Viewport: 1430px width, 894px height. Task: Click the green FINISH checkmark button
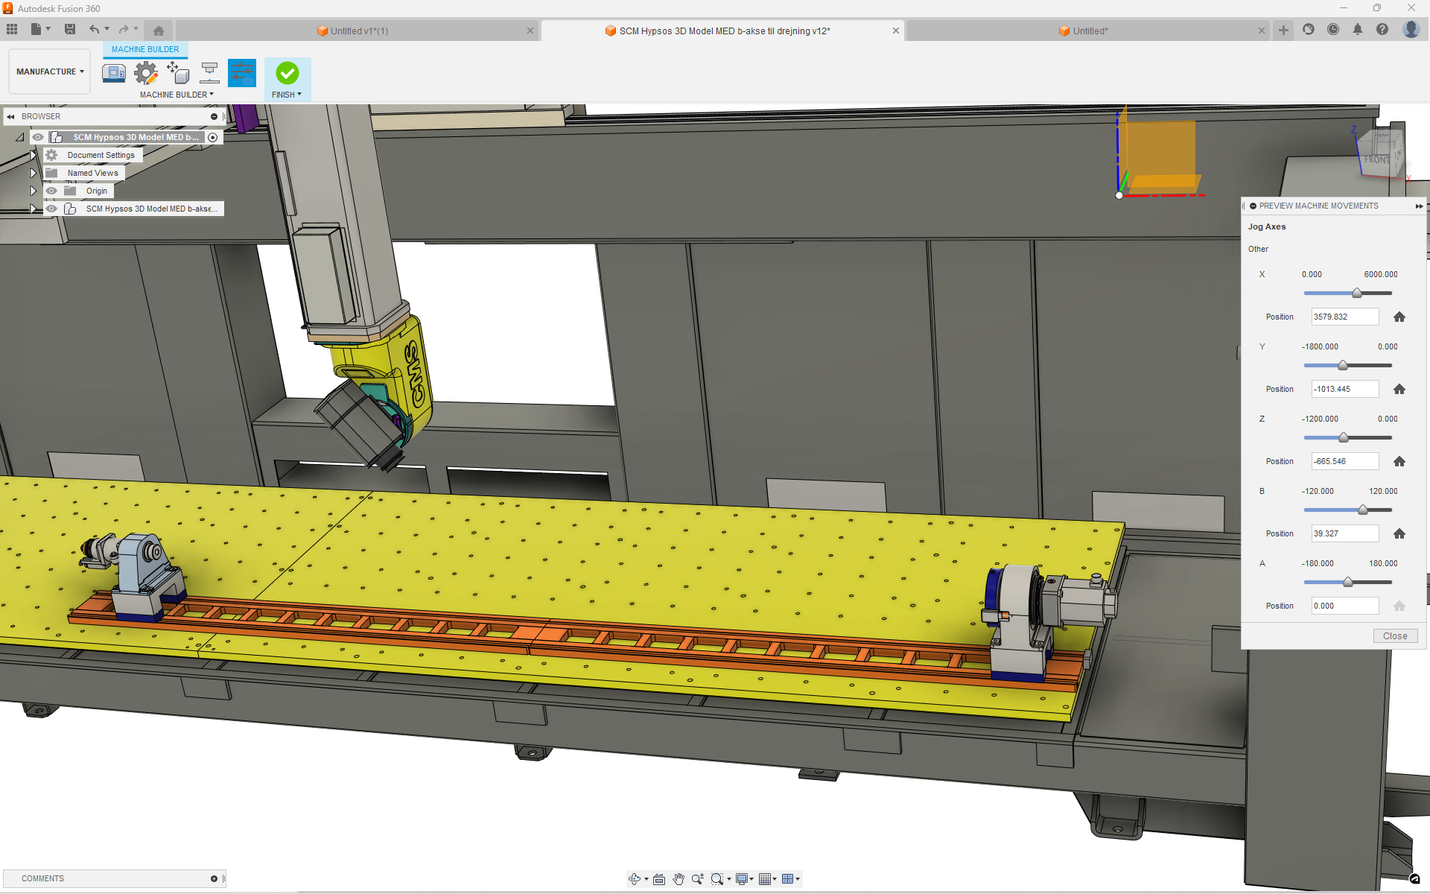287,73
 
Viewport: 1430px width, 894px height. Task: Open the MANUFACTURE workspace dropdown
50,72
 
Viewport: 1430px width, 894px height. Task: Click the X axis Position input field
1344,317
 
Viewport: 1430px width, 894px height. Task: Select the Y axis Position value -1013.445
1344,389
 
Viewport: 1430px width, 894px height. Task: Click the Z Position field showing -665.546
1344,461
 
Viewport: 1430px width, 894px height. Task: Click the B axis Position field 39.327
1344,533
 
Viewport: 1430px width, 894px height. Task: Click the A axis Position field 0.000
1344,606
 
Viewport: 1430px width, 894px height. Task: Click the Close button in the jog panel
1394,636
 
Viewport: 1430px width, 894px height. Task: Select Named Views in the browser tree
92,173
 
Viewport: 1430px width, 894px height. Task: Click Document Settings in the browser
101,155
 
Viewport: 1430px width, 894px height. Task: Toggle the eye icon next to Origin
51,191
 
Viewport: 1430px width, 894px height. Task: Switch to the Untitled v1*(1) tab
359,31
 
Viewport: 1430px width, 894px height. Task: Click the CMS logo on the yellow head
415,373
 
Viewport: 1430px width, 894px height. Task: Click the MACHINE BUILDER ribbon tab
145,49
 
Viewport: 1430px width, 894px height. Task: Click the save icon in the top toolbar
70,29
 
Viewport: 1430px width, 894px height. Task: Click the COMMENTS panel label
42,878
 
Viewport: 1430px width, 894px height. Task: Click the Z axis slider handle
1343,437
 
